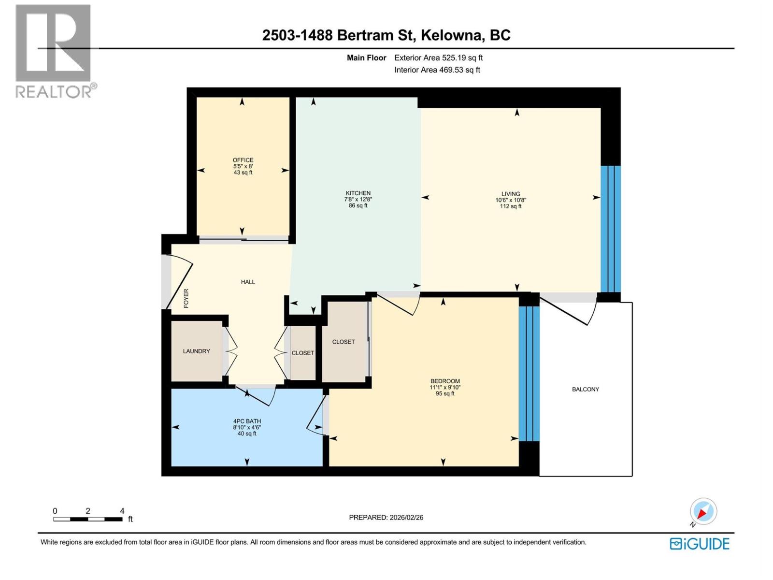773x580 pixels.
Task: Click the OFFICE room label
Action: (x=243, y=160)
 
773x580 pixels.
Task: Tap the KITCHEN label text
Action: (x=358, y=193)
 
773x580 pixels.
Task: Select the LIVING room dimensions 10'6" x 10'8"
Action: (x=511, y=200)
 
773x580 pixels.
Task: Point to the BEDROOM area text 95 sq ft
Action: (x=445, y=393)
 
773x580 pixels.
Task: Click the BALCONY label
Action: (x=585, y=389)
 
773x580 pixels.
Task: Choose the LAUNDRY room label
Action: (x=196, y=351)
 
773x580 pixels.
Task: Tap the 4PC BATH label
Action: (x=247, y=421)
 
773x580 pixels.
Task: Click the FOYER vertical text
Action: (x=186, y=298)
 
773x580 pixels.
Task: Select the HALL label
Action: (x=248, y=282)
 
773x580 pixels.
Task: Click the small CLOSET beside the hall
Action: (x=303, y=353)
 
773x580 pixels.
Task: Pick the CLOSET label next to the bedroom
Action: (x=344, y=342)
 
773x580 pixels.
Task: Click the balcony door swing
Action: (x=570, y=312)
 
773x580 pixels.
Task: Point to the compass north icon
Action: (x=703, y=511)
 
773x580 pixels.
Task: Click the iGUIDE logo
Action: (x=699, y=544)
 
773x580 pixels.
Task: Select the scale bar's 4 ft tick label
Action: (x=122, y=511)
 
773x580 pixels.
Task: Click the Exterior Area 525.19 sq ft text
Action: (x=438, y=58)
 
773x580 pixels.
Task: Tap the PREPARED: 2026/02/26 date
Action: (x=386, y=517)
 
